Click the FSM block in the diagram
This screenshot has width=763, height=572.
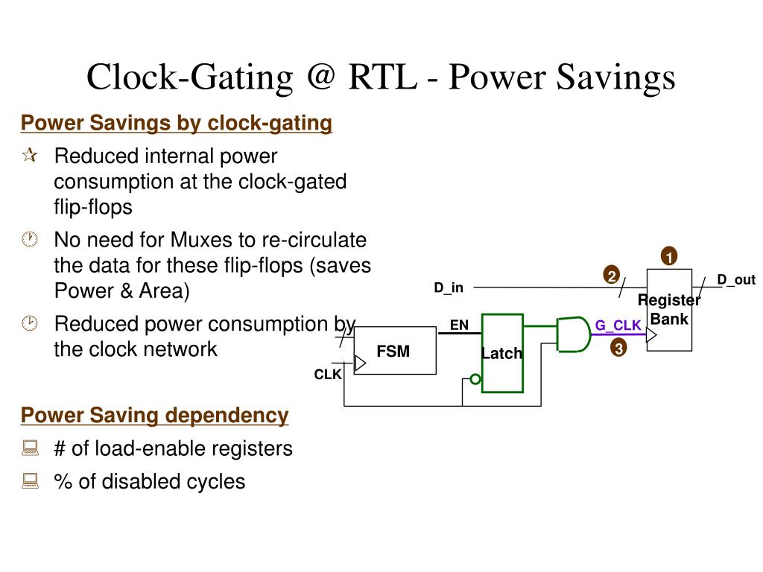coord(394,351)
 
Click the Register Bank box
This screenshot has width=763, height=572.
coord(669,310)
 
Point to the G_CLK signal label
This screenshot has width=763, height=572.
coord(618,325)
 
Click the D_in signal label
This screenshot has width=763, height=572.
coord(449,287)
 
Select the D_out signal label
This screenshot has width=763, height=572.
coord(735,280)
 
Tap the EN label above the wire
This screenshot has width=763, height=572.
coord(459,325)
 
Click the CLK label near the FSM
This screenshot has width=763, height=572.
coord(327,375)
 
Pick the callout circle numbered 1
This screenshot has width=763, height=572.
coord(668,257)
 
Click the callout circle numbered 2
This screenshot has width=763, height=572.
coord(611,276)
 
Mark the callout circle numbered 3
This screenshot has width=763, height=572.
coord(618,348)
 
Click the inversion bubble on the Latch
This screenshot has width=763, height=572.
coord(475,380)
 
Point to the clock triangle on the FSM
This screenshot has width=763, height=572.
coord(360,363)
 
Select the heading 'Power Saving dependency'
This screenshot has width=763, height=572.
coord(154,415)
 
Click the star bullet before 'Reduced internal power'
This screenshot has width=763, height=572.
coord(30,156)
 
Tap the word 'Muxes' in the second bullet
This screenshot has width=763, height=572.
coord(203,241)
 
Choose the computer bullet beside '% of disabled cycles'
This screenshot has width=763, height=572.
coord(30,481)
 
